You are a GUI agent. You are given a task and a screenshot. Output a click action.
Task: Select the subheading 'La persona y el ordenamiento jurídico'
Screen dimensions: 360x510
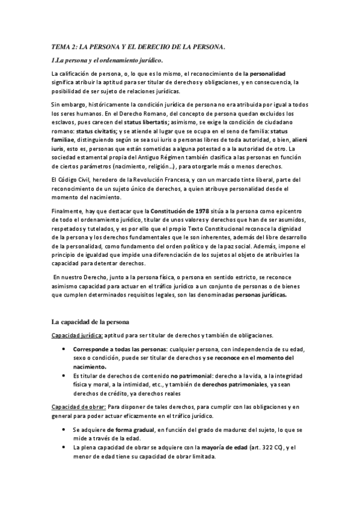pyautogui.click(x=108, y=60)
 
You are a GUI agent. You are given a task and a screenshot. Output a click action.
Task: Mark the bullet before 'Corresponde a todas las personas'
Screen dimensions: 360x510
pyautogui.click(x=64, y=349)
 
